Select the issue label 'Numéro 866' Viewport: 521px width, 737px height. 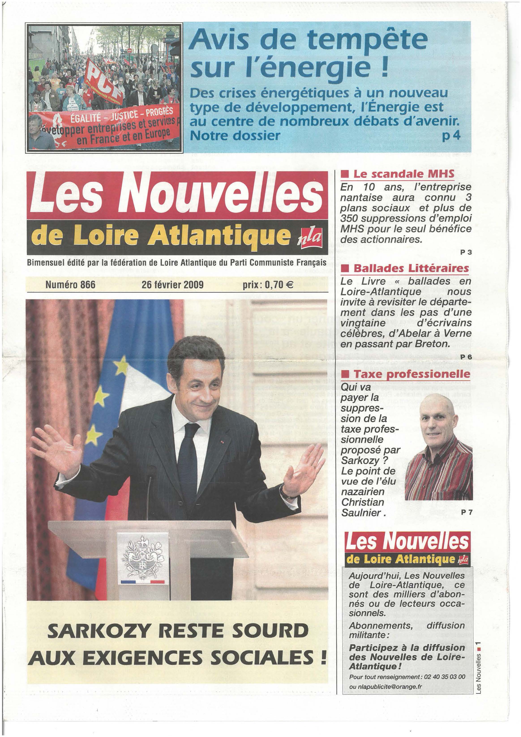[x=70, y=285]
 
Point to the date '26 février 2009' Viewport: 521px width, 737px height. [x=172, y=285]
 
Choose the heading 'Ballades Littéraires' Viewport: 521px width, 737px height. [x=411, y=268]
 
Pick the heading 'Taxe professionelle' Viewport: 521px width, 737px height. [x=412, y=374]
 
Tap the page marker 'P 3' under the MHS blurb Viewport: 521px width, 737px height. [x=466, y=252]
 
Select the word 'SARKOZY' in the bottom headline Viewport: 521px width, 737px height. [x=97, y=631]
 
